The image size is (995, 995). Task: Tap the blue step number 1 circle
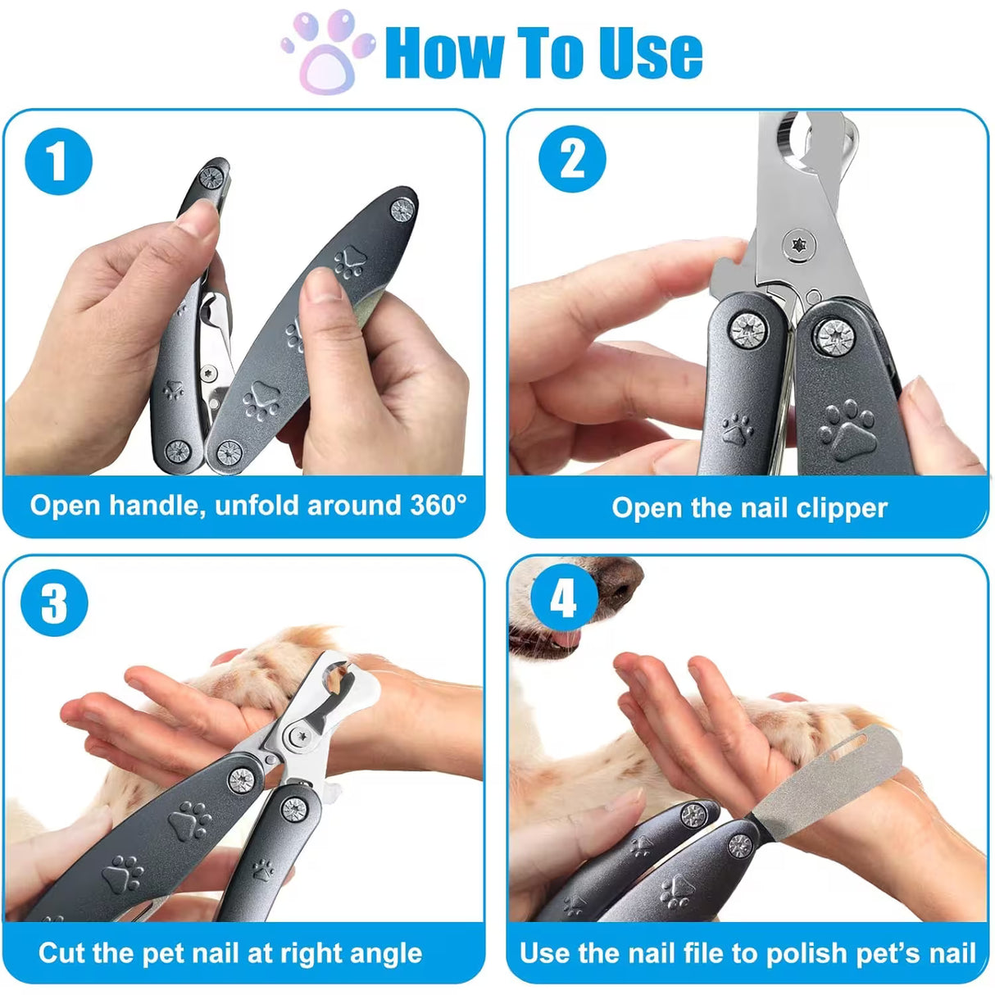coord(58,161)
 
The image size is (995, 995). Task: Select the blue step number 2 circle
coord(572,159)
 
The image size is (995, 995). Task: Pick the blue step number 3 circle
coord(54,603)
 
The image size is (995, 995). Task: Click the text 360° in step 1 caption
coord(438,505)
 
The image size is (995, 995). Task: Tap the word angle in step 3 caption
coord(385,953)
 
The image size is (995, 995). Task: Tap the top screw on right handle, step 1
coord(402,209)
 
